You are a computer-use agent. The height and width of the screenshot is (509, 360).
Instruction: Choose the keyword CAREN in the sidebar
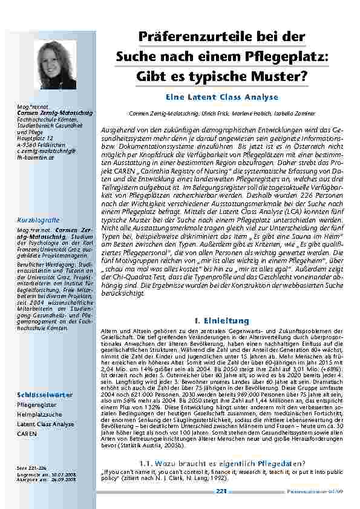(x=27, y=434)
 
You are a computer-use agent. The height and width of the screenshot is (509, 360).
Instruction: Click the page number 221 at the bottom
(x=221, y=491)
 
